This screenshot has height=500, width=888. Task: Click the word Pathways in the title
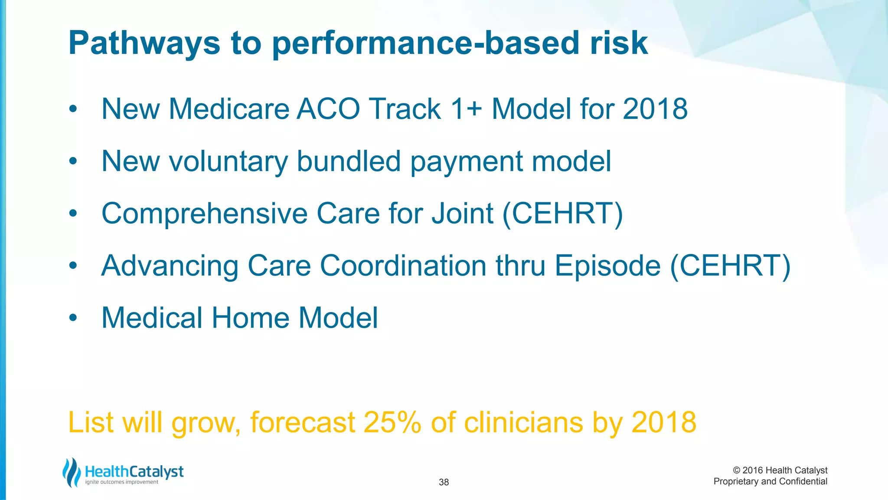point(144,43)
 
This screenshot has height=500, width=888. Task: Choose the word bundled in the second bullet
point(349,161)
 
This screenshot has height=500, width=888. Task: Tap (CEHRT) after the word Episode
point(730,266)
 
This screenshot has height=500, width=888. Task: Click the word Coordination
point(403,266)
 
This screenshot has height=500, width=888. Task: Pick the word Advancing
point(170,266)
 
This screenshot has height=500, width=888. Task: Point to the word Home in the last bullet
point(251,318)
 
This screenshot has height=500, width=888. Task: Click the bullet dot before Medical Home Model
point(73,318)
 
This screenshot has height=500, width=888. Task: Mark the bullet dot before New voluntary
point(73,161)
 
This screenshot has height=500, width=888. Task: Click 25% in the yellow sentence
point(392,422)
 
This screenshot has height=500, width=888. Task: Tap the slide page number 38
point(444,482)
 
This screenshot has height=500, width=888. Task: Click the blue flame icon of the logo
point(72,472)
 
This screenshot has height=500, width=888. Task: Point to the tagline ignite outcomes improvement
point(122,482)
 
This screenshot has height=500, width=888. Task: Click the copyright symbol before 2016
point(736,470)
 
